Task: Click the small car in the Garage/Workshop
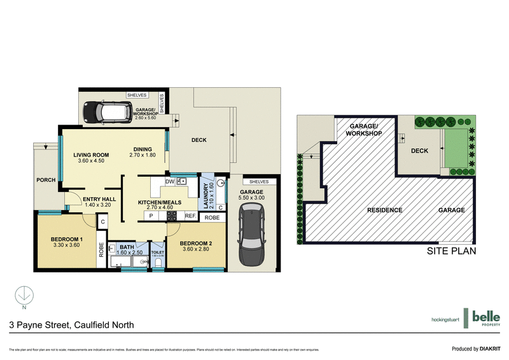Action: (x=100, y=113)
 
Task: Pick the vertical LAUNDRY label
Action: (x=207, y=191)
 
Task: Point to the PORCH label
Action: (x=46, y=179)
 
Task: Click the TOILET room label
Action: (x=157, y=253)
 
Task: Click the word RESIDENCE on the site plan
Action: (x=384, y=210)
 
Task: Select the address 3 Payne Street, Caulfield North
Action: (x=71, y=325)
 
